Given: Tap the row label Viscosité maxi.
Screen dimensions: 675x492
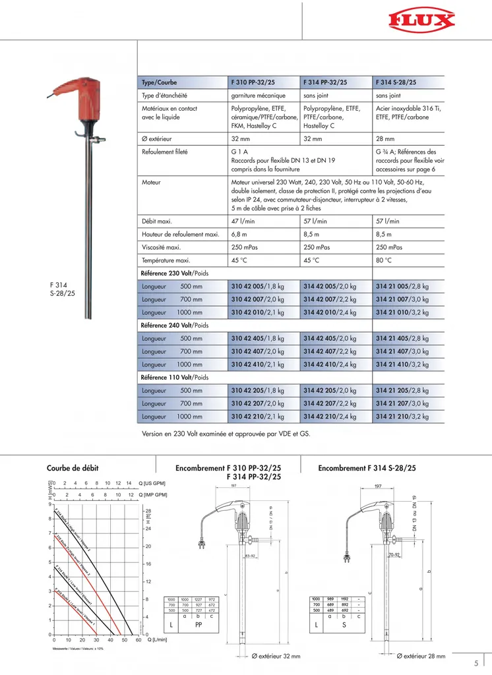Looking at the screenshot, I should [x=161, y=247].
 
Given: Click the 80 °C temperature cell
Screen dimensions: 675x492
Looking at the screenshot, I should [x=384, y=260].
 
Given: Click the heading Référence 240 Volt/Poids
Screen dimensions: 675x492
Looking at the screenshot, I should [x=175, y=326].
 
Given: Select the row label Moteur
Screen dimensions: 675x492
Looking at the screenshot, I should [x=152, y=181].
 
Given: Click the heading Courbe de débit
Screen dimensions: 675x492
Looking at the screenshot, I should [x=73, y=467].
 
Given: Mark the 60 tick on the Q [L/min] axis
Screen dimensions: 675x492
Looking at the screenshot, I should [x=138, y=640].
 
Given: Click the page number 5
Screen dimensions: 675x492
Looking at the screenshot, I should [x=476, y=664].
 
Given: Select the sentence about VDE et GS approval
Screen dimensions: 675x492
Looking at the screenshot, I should [x=226, y=434].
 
